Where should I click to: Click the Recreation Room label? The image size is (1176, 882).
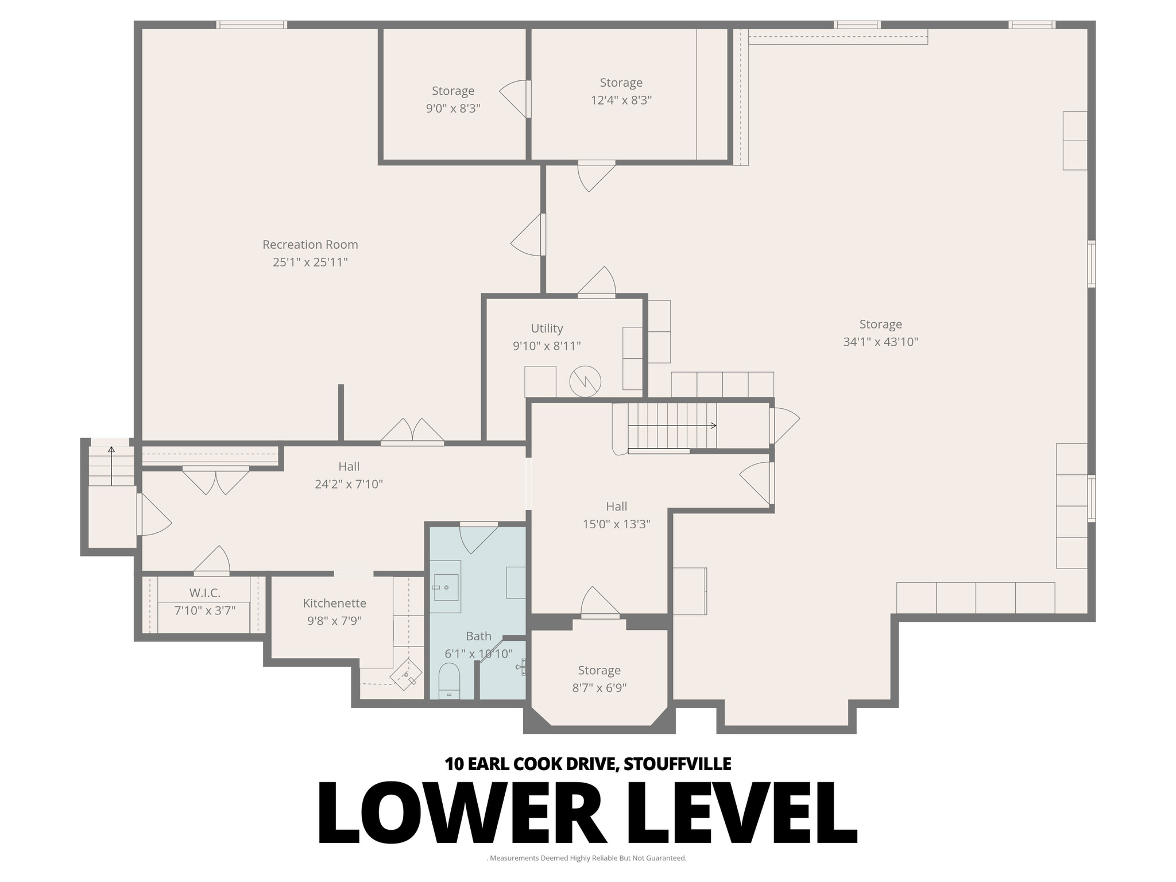click(x=310, y=245)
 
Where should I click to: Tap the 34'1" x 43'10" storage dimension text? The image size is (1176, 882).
click(x=880, y=342)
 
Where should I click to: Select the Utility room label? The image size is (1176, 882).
click(x=547, y=328)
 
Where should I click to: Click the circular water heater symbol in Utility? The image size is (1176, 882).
click(x=585, y=381)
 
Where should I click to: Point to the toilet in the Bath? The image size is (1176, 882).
click(x=449, y=680)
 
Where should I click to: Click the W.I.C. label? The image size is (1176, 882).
click(x=204, y=593)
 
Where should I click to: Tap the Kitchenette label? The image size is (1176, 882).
click(x=334, y=604)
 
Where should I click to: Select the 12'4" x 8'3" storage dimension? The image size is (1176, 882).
click(x=621, y=100)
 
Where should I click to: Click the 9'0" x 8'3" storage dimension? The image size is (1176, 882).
click(x=452, y=109)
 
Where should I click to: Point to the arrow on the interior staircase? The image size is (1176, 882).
click(x=713, y=425)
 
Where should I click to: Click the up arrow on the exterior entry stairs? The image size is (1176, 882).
click(x=111, y=449)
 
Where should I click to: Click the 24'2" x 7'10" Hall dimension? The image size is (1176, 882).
click(x=349, y=484)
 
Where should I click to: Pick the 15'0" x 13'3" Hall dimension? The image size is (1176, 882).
click(x=616, y=524)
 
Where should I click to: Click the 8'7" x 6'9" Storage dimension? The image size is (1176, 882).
click(x=599, y=688)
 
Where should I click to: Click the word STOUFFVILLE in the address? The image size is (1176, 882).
click(x=677, y=764)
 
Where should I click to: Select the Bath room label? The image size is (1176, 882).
click(x=478, y=636)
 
